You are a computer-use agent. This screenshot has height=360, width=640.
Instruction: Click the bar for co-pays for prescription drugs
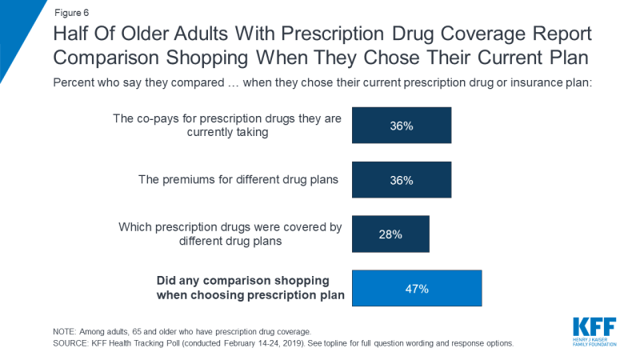(402, 126)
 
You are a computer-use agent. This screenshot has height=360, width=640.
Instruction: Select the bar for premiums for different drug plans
(402, 180)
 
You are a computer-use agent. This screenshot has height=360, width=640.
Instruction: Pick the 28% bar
(390, 234)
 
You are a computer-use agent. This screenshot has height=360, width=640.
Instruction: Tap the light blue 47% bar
(417, 289)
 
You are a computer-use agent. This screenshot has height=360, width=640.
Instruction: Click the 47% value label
(417, 289)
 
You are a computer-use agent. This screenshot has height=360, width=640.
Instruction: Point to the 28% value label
(390, 234)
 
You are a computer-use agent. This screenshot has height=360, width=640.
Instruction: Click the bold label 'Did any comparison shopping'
(250, 281)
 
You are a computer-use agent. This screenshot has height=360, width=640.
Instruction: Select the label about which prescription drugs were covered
(231, 234)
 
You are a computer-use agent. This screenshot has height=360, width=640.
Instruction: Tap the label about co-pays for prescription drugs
(228, 126)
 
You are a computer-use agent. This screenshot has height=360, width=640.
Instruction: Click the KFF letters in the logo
(594, 327)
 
